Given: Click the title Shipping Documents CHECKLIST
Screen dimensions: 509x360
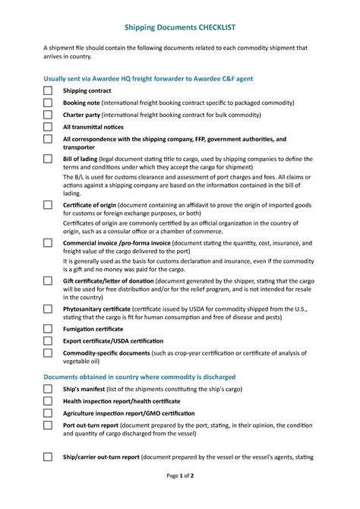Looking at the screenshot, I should coord(179,27).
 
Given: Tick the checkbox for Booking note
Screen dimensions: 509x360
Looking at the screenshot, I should coord(48,103).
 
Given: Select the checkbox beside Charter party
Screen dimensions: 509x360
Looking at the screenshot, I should coord(48,115).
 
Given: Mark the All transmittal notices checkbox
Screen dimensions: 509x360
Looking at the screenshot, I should coord(48,127).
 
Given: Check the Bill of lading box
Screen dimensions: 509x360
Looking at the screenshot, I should coord(48,159).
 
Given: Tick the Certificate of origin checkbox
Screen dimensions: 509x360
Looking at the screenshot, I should coord(48,205).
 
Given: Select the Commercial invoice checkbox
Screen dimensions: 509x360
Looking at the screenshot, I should coord(48,243).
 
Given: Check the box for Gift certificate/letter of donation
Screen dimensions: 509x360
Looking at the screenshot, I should coord(48,281).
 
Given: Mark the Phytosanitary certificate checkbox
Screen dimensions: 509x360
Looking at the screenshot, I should coord(48,310).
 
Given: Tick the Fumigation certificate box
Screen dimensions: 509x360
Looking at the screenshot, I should coord(48,329).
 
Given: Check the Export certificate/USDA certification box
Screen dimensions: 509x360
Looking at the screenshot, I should coord(48,341).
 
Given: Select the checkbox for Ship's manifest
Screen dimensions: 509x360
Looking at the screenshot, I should coord(48,389).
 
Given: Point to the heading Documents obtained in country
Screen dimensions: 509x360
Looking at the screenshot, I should coord(139,377).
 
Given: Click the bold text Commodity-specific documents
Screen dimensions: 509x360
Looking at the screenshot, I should coord(106,353).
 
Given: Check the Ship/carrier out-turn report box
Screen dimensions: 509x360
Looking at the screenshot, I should coord(48,457).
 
